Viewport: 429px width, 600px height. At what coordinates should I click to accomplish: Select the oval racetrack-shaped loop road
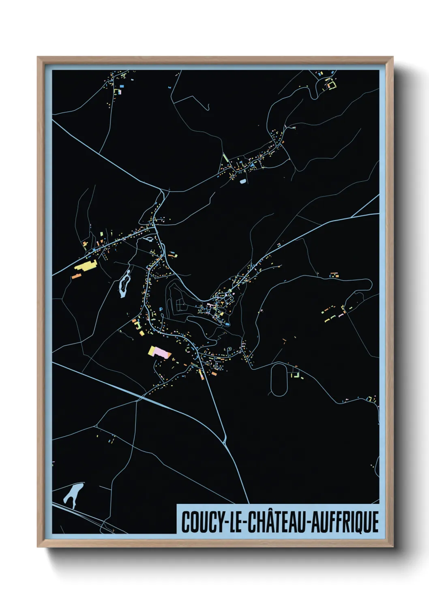click(279, 379)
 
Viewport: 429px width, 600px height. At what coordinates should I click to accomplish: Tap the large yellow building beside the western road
click(85, 266)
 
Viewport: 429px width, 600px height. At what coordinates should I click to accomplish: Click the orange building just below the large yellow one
click(77, 276)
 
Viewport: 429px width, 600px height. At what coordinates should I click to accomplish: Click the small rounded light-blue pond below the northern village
click(242, 181)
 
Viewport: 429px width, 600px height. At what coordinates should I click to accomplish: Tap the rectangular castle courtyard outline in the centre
click(180, 305)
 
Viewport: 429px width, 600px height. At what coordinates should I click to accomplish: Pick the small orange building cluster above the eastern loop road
click(334, 275)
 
